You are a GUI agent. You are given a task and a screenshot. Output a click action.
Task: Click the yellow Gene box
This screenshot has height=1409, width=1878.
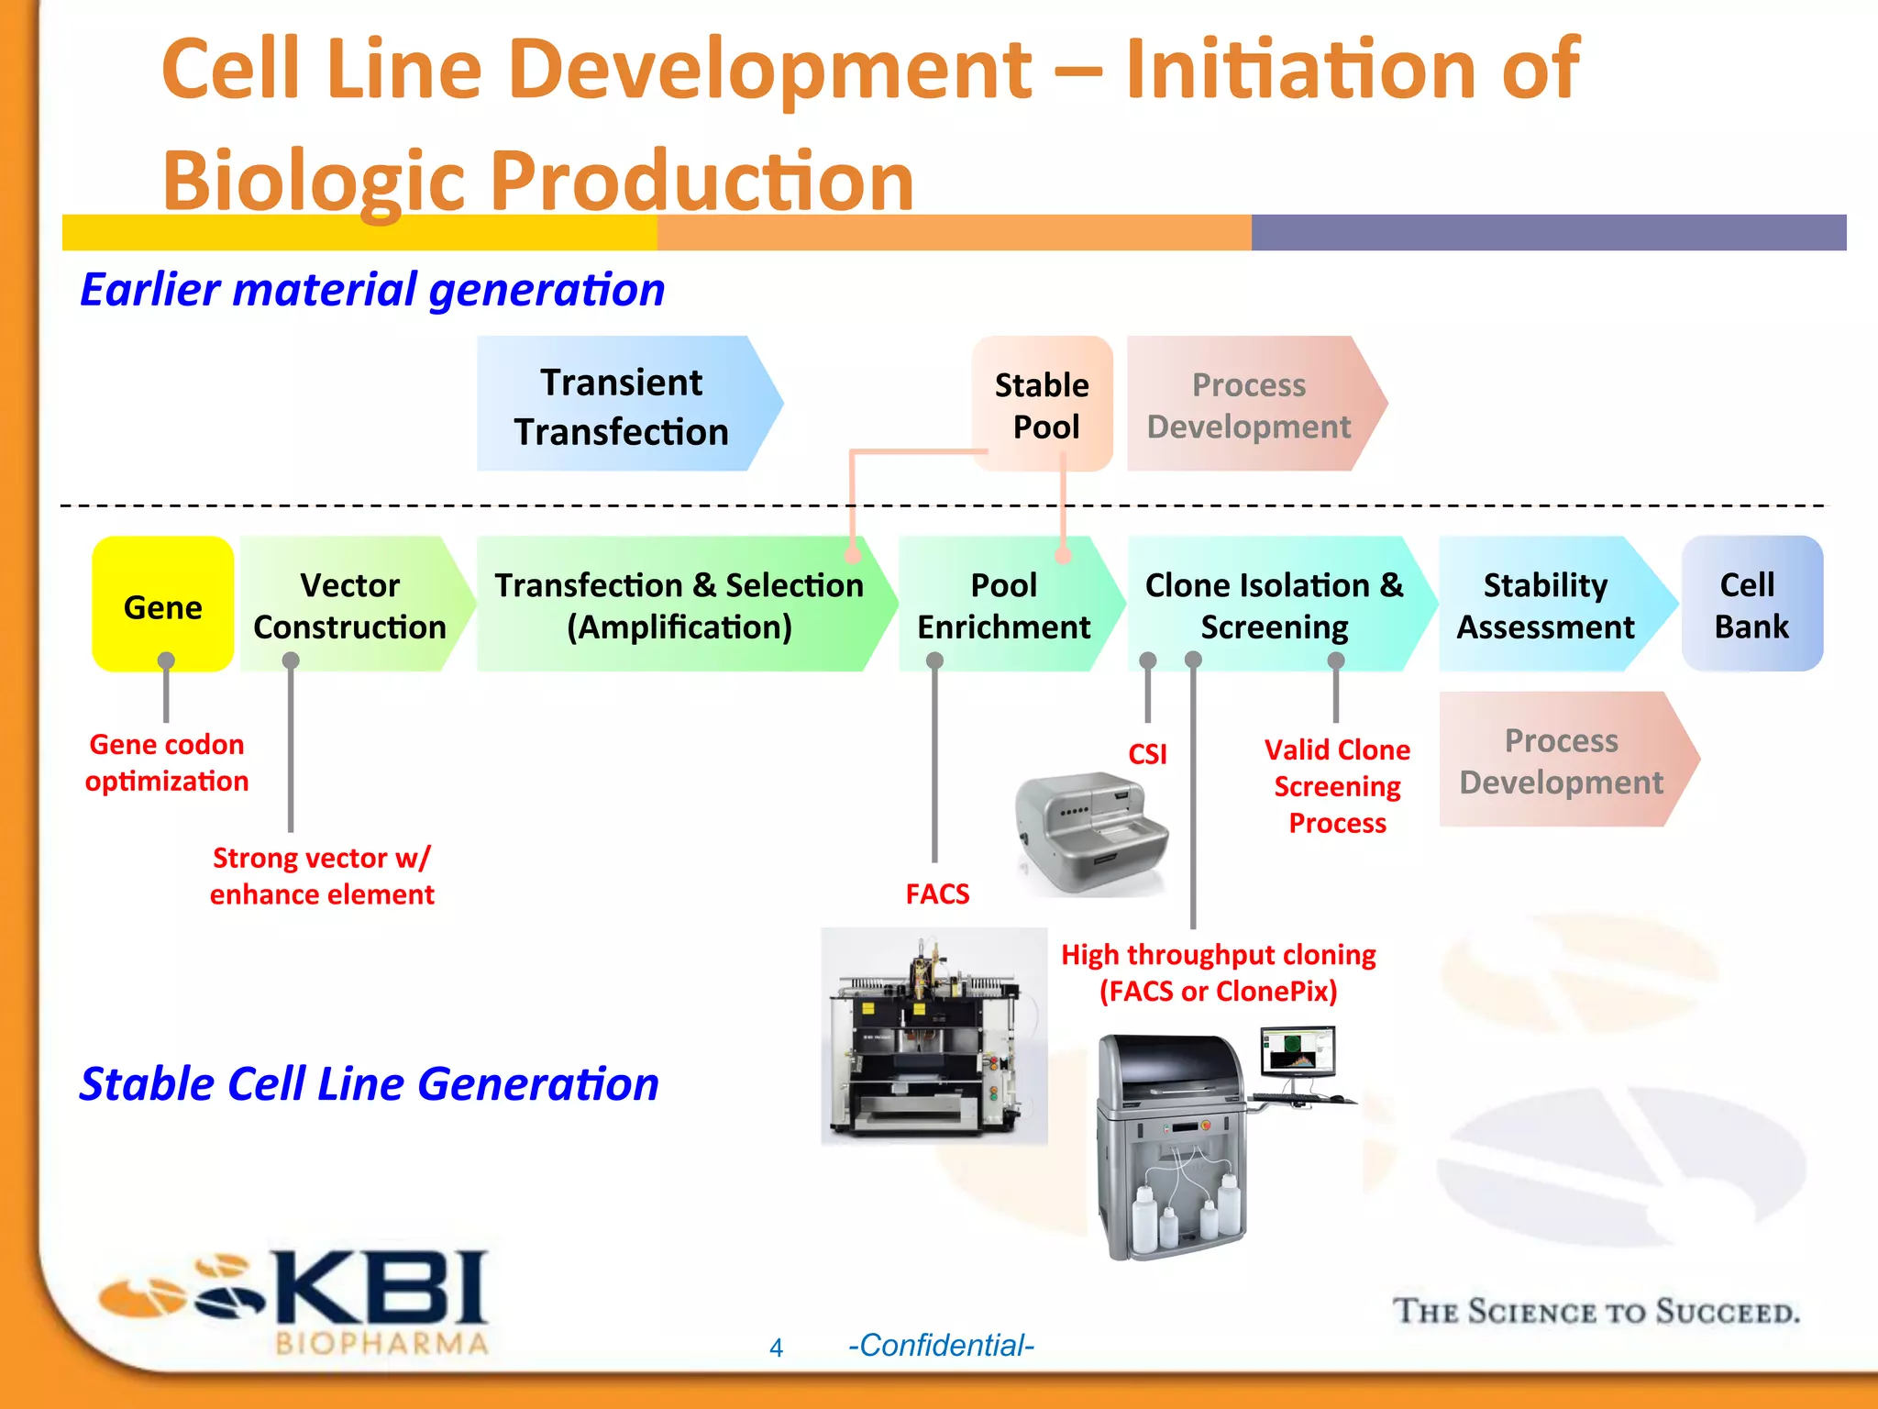[x=162, y=605]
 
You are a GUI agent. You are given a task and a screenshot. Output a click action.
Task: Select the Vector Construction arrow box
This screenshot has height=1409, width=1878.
[x=350, y=605]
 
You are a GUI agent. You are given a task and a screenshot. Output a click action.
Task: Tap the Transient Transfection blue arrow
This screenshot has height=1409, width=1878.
[x=622, y=405]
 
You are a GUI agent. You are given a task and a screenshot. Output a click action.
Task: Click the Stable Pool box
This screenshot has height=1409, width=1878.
[x=1043, y=405]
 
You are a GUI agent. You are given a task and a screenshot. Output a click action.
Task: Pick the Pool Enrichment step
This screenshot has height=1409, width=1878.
[x=1003, y=605]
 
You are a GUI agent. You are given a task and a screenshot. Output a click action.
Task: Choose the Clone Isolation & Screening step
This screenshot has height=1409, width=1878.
[x=1274, y=605]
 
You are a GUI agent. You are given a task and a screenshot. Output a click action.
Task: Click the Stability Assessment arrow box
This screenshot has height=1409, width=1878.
[x=1545, y=605]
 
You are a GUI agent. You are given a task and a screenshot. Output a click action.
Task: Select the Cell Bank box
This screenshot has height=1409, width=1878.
[x=1751, y=605]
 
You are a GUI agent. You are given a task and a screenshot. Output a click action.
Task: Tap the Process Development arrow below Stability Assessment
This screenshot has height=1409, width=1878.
[x=1561, y=760]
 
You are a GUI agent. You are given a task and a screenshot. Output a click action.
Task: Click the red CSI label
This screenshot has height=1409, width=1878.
[x=1147, y=754]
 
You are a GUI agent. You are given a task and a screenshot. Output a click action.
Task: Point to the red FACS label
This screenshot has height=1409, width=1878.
[x=937, y=893]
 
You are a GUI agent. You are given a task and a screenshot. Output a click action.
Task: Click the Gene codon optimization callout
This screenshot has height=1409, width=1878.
[x=167, y=762]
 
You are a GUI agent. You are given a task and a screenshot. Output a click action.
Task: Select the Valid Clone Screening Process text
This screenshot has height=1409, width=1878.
[x=1337, y=786]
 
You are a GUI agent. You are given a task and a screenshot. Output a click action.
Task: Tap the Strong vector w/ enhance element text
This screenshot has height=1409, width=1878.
[x=322, y=876]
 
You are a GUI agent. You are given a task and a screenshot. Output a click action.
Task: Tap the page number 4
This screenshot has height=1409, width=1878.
[x=776, y=1348]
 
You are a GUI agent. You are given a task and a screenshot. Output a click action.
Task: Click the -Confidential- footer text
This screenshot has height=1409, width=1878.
[x=941, y=1346]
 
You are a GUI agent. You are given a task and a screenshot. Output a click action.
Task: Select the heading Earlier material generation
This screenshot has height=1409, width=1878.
[x=372, y=290]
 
